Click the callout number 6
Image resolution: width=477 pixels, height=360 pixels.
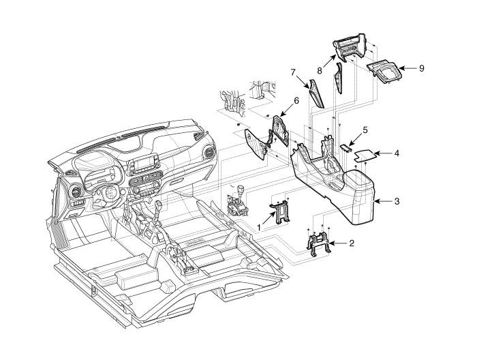coord(296,100)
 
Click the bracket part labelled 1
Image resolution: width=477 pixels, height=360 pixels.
coord(281,211)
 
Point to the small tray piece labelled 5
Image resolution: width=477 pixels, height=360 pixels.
coord(345,145)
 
